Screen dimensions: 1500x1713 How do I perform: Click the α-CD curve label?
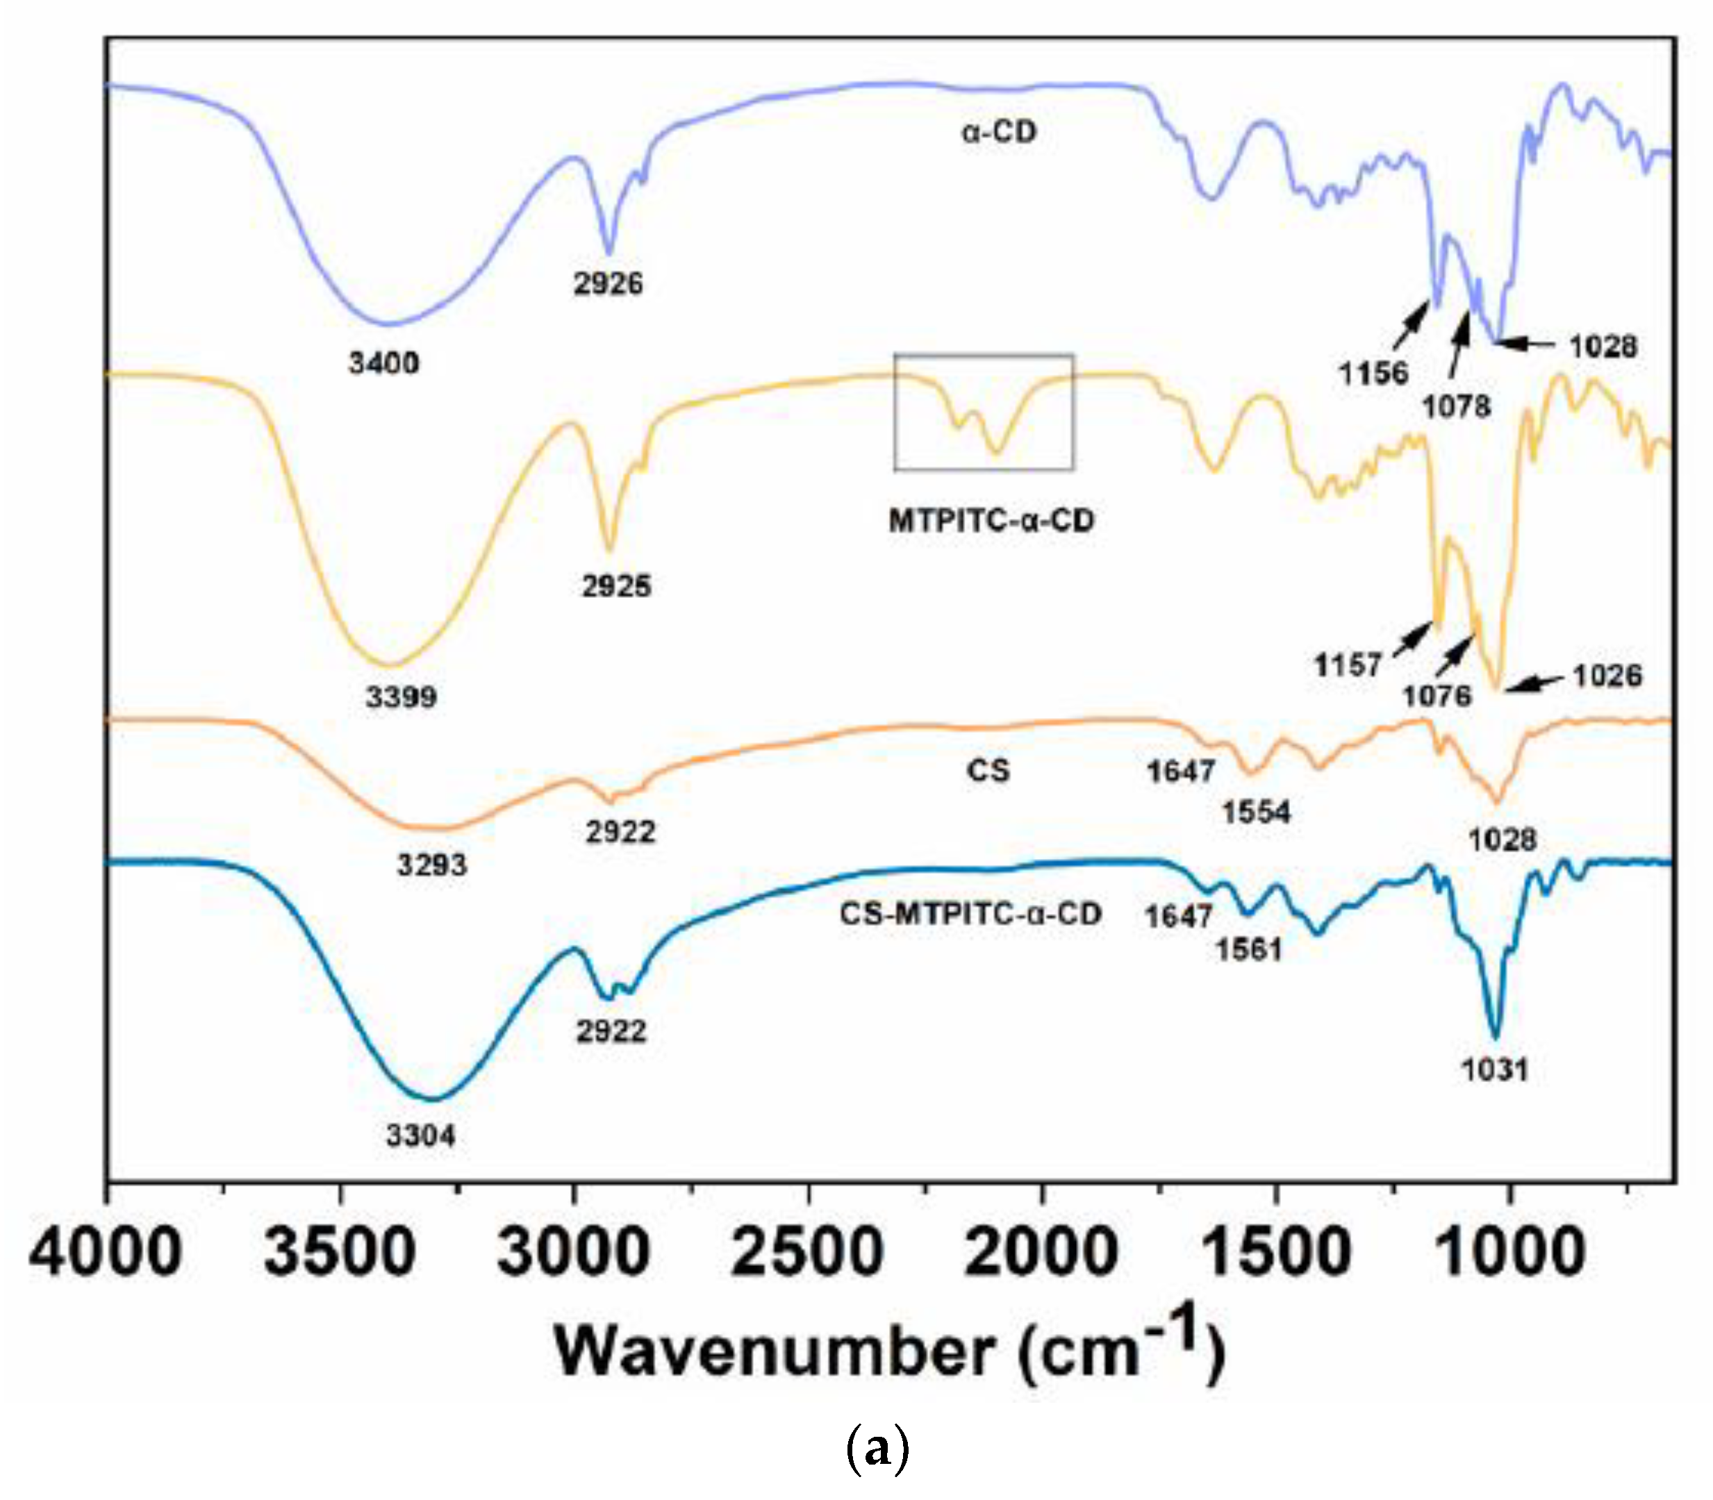(999, 132)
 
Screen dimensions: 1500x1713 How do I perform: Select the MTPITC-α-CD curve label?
(991, 521)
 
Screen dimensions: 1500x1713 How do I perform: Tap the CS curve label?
(988, 769)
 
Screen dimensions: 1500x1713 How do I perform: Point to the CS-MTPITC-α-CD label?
(970, 913)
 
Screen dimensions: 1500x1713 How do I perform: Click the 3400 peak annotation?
(383, 363)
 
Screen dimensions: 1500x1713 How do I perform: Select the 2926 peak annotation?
(608, 284)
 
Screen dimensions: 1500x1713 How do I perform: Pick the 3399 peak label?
(401, 697)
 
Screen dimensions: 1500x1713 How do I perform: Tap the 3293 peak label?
(431, 865)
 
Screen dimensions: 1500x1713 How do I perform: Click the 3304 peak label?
(420, 1136)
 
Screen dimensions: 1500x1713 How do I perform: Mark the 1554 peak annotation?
(1256, 812)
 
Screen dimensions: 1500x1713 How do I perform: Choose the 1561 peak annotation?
(1248, 949)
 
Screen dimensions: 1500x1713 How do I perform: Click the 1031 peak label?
(1494, 1069)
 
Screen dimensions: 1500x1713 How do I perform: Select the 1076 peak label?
(1437, 694)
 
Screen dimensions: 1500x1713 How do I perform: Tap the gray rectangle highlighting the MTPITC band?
(983, 356)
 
